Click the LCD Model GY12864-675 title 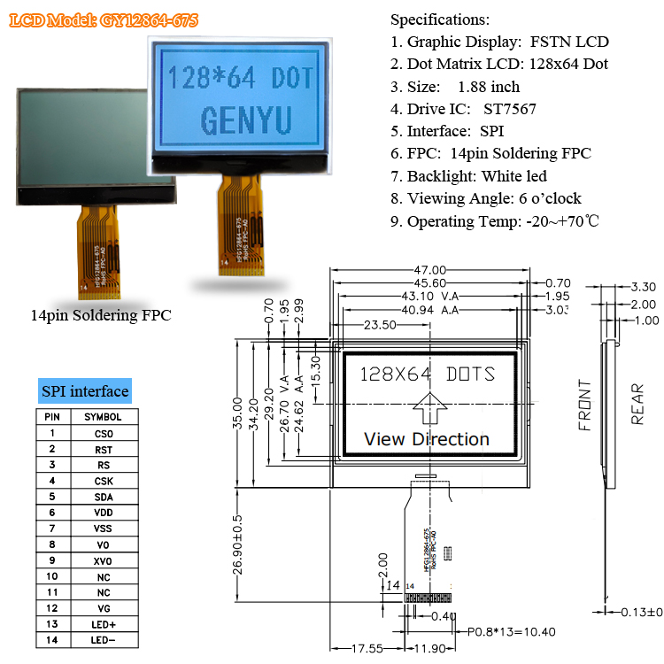pyautogui.click(x=104, y=19)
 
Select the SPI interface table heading pyautogui.click(x=85, y=391)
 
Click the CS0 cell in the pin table pyautogui.click(x=104, y=433)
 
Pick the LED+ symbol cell pyautogui.click(x=104, y=623)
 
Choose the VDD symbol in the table pyautogui.click(x=104, y=513)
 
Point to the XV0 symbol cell pyautogui.click(x=104, y=560)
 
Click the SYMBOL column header pyautogui.click(x=104, y=416)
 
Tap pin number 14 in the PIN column pyautogui.click(x=52, y=639)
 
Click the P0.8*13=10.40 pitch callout pyautogui.click(x=513, y=632)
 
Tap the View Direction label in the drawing pyautogui.click(x=427, y=439)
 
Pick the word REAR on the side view pyautogui.click(x=637, y=405)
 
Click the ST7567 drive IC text pyautogui.click(x=509, y=109)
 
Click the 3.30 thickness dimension pyautogui.click(x=644, y=287)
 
